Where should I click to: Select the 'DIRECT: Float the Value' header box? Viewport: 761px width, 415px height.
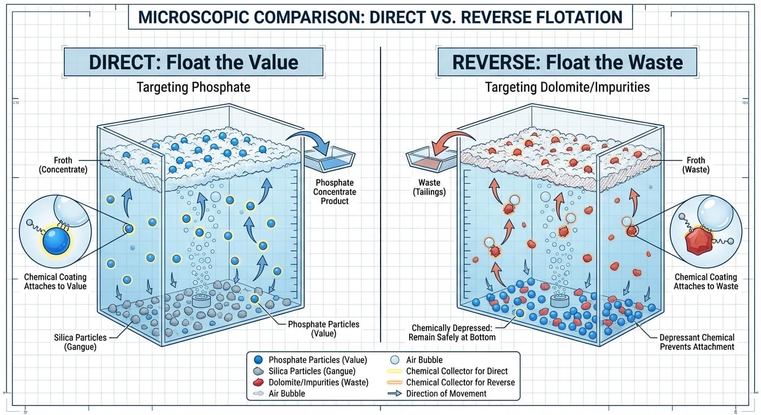click(193, 62)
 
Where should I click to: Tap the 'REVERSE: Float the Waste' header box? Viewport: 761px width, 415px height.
click(567, 62)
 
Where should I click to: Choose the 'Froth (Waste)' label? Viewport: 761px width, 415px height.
click(695, 165)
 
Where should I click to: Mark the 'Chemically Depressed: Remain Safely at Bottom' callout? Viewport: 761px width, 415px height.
click(453, 332)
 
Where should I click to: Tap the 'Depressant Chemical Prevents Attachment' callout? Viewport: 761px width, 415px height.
click(697, 342)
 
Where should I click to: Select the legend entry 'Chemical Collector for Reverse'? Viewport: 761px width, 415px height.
click(460, 382)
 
